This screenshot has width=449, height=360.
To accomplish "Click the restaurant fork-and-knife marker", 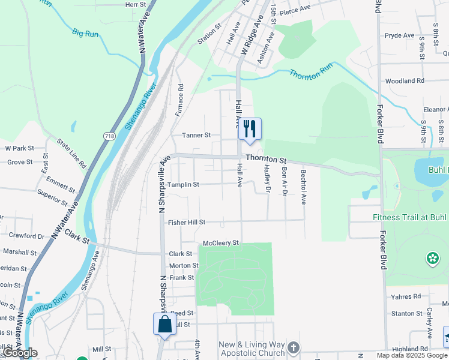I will pos(250,129).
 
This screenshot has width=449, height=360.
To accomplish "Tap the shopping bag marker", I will pos(164,325).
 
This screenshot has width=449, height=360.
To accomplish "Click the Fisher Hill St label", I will pos(186,222).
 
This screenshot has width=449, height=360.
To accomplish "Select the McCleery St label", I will pos(221,243).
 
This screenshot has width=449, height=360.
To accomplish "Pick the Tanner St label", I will pos(196,136).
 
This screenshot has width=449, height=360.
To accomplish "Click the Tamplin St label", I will pos(183,185).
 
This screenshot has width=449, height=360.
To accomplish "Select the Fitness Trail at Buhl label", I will pos(410,217).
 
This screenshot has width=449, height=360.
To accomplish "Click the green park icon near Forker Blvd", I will pos(432,259).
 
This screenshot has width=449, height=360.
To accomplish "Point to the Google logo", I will pos(20,353).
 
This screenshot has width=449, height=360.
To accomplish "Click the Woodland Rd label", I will pos(405,81).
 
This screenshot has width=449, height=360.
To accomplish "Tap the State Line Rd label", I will pos(71,153).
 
